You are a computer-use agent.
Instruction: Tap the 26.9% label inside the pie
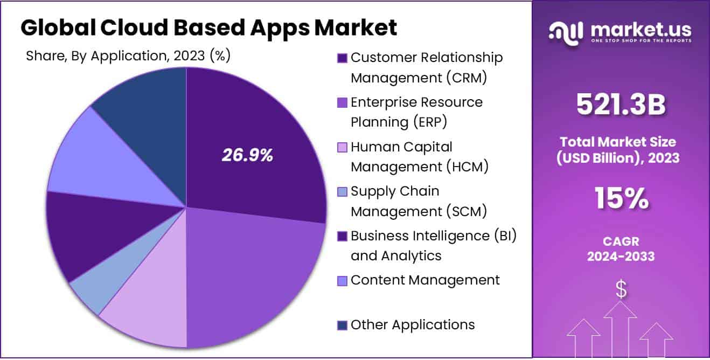click(247, 155)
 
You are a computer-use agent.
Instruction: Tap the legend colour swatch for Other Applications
click(342, 325)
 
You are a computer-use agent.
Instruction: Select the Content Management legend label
click(425, 280)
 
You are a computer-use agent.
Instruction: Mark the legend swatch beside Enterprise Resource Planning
click(342, 102)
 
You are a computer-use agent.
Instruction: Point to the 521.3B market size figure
click(621, 105)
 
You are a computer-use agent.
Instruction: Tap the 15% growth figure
click(621, 199)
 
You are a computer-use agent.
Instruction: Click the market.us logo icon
click(566, 32)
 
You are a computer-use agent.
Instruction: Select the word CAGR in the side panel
click(621, 242)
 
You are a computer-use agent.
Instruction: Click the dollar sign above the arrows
click(621, 290)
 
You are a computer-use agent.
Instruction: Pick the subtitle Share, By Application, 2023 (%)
click(128, 56)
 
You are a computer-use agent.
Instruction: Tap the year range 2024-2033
click(621, 257)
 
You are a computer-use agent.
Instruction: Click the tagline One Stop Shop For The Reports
click(641, 40)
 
